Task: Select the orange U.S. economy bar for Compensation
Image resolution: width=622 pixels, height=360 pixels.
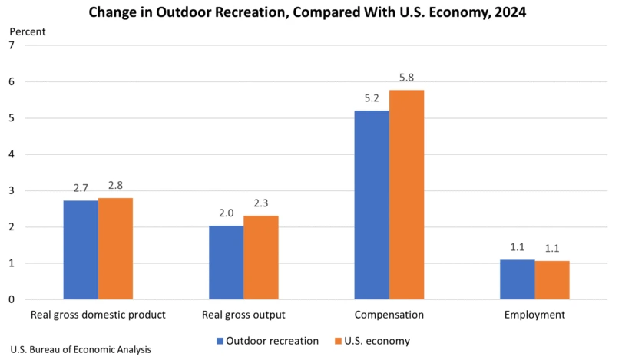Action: click(x=406, y=195)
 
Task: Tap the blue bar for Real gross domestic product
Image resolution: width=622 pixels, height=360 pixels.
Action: click(x=81, y=249)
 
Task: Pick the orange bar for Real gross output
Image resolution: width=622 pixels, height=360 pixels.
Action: click(x=261, y=257)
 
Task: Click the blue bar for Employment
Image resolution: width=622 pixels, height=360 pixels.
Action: click(x=517, y=279)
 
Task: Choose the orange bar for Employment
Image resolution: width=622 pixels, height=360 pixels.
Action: click(x=552, y=280)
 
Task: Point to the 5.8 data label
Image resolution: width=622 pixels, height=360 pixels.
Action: click(x=406, y=78)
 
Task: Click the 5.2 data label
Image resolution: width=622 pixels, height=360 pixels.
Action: click(x=371, y=99)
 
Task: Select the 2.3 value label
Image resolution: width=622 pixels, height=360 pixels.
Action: click(x=261, y=204)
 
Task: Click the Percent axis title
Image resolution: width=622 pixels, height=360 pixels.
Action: click(x=28, y=31)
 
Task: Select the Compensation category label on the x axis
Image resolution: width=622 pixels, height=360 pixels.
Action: click(x=389, y=315)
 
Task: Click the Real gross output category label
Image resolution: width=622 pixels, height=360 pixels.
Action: click(x=243, y=315)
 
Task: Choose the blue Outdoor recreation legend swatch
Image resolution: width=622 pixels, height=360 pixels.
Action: click(x=220, y=341)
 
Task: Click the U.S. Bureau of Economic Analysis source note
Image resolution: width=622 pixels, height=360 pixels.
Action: click(x=81, y=349)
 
